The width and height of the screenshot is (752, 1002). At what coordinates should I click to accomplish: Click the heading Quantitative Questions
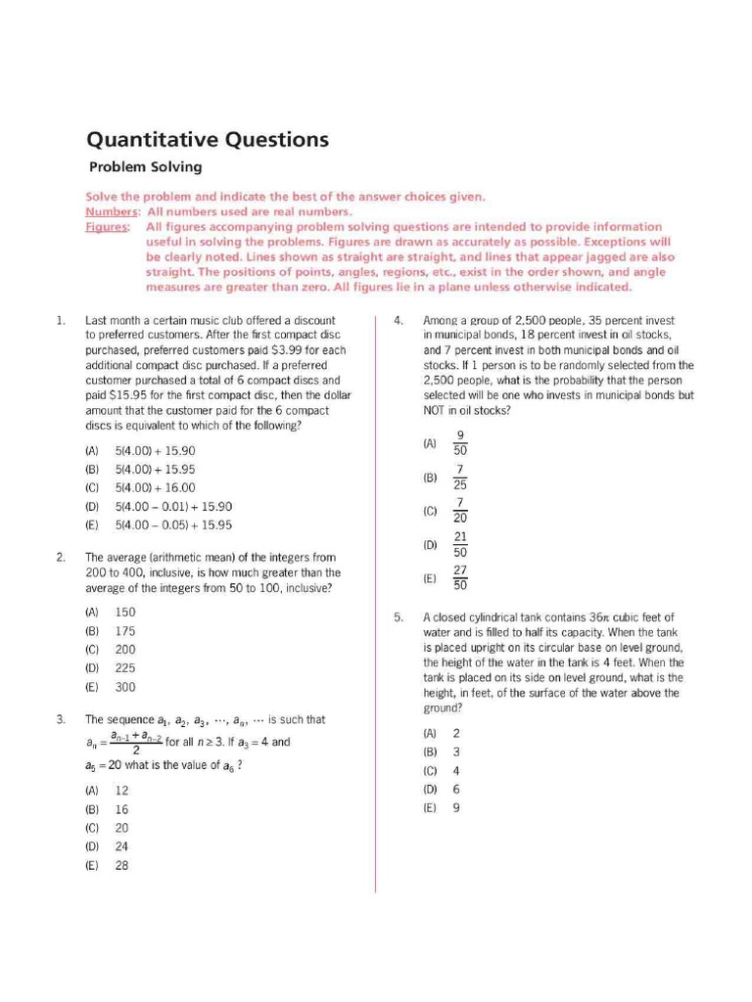pos(208,140)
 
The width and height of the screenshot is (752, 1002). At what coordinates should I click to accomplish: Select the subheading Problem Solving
pos(145,167)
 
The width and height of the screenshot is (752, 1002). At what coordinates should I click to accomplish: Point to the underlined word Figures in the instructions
pos(107,227)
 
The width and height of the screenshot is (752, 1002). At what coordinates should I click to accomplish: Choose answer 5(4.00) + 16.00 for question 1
pos(155,487)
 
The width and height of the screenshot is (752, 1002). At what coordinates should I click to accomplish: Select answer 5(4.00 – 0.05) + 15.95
pos(173,524)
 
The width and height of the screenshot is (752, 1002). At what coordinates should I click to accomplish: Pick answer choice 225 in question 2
pos(125,667)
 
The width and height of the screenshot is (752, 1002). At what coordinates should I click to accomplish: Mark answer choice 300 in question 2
pos(125,687)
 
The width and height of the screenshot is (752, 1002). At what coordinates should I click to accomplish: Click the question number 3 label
pos(61,720)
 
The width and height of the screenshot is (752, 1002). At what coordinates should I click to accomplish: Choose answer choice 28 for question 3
pos(122,865)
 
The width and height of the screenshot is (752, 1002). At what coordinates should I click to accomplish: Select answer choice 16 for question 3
pos(122,809)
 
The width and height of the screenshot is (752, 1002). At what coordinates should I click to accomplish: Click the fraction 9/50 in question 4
pos(460,443)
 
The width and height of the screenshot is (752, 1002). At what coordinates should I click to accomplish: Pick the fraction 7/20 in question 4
pos(460,510)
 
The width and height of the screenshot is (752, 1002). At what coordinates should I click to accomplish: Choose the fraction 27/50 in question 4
pos(460,578)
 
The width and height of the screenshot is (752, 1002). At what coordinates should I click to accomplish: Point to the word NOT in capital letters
pos(437,411)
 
